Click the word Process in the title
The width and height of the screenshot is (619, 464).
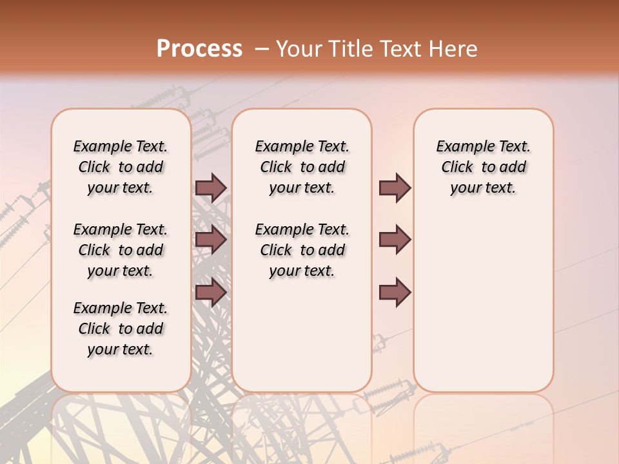(199, 49)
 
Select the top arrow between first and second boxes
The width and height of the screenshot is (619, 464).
(211, 188)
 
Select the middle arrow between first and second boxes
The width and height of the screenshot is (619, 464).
(211, 240)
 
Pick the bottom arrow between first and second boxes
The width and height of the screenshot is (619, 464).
(211, 293)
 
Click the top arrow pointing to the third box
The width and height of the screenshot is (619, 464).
(395, 188)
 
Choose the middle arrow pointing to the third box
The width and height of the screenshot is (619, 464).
(395, 240)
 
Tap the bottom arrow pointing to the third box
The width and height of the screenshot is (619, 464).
(395, 293)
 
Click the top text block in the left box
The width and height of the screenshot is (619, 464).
(121, 167)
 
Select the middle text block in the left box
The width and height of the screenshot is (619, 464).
(121, 250)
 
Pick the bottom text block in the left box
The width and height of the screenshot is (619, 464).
(121, 329)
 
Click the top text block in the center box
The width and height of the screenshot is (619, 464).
(302, 167)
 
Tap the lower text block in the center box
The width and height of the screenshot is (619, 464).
(302, 250)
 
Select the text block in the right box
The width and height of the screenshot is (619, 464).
(483, 167)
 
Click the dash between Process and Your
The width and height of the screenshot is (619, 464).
(261, 50)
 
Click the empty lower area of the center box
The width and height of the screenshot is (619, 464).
(302, 335)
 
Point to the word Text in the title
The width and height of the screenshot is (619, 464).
(398, 49)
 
